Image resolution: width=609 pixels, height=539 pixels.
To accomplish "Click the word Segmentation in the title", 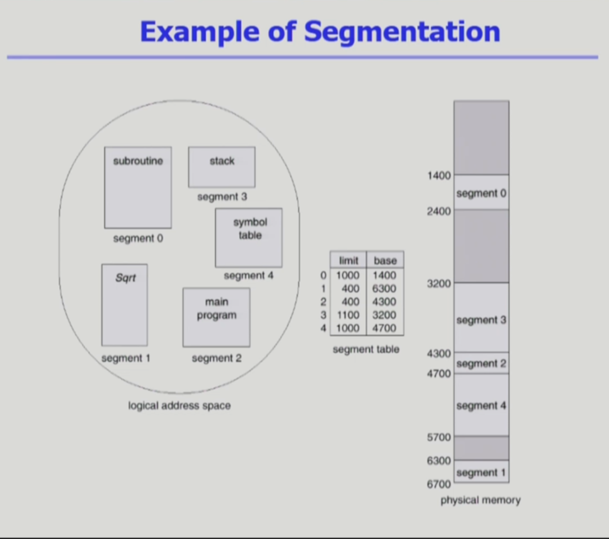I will [x=402, y=32].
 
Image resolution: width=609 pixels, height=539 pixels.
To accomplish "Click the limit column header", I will [x=348, y=261].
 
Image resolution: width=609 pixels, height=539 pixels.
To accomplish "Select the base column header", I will [x=385, y=261].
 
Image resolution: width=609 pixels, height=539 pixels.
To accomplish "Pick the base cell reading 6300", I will [x=384, y=289].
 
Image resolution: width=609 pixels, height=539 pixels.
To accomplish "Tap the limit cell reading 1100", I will [x=348, y=315].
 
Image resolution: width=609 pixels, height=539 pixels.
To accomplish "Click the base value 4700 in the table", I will [x=384, y=328].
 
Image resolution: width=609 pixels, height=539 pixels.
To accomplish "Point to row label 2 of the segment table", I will [x=323, y=302].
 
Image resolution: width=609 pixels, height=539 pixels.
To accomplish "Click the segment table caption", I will [x=366, y=349].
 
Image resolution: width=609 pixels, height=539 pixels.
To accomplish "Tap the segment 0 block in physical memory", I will [x=481, y=193].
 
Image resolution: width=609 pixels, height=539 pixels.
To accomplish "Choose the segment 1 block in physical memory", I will [x=481, y=472].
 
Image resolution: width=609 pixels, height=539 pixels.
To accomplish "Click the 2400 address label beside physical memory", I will [x=440, y=211].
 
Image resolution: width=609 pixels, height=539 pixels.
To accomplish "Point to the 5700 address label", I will [x=440, y=437].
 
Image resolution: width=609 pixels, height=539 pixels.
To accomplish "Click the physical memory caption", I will [x=480, y=500].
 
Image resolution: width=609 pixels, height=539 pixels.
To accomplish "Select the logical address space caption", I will [x=179, y=405].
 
